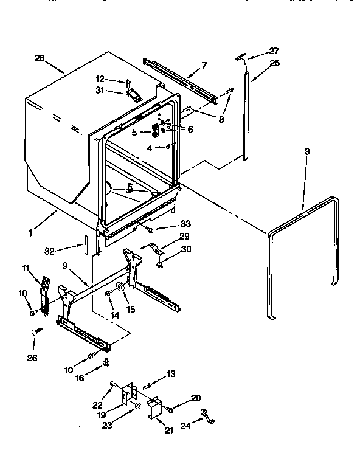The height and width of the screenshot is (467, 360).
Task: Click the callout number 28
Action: coord(40,58)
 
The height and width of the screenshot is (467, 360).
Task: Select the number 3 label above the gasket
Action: coord(307,151)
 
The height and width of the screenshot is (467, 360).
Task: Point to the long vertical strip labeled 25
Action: coord(246,116)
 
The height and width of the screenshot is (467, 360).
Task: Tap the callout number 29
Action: coord(185,236)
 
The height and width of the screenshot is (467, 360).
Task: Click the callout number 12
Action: coord(100,79)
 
